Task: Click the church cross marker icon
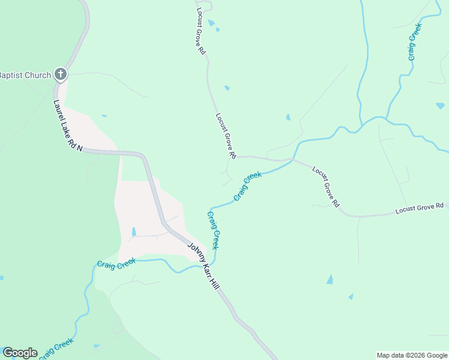60,74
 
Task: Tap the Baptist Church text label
25,75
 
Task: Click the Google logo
20,353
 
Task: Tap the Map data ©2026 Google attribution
412,355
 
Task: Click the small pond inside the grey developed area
133,232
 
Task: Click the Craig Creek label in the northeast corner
414,42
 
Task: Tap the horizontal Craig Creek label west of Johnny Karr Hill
116,263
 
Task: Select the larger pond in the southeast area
330,280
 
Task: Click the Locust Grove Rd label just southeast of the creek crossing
325,186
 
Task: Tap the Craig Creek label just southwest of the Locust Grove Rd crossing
248,186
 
